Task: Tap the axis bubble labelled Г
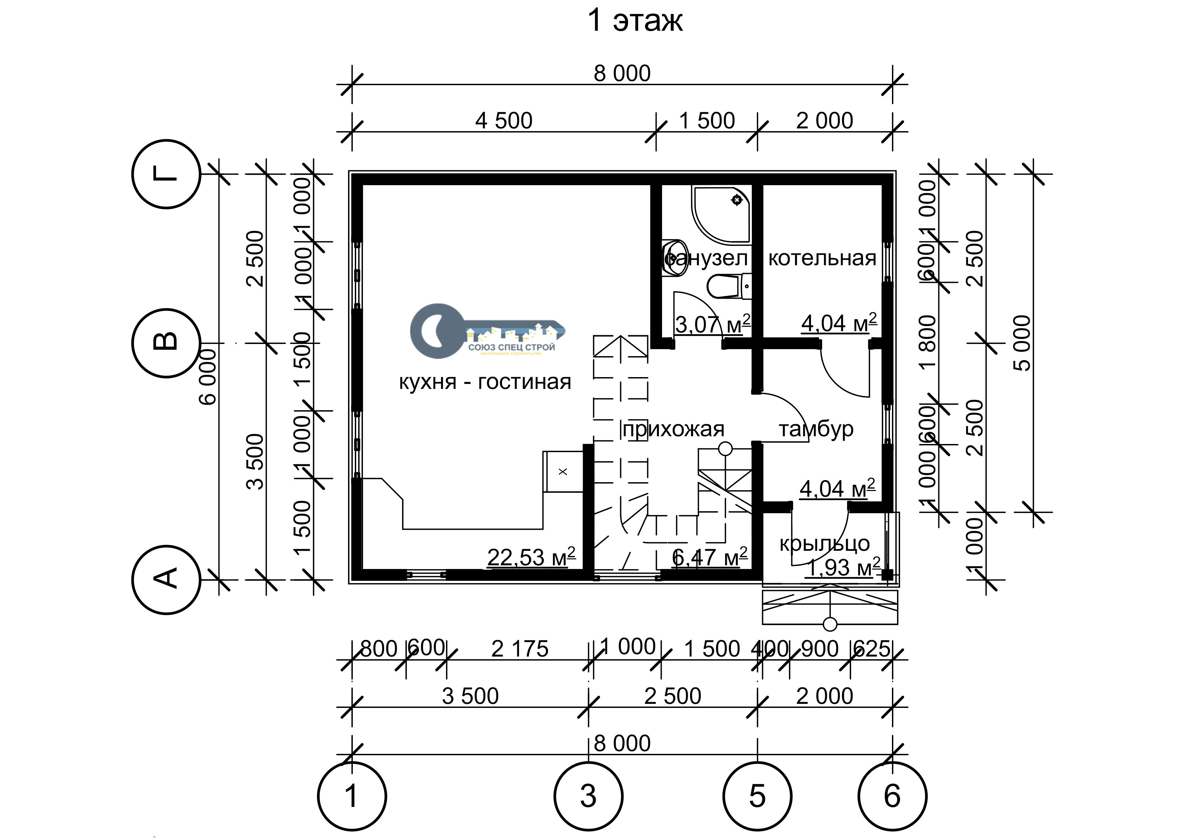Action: (x=166, y=174)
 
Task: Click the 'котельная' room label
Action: (x=822, y=258)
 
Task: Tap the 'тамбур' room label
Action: (x=816, y=429)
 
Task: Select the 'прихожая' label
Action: (x=674, y=429)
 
